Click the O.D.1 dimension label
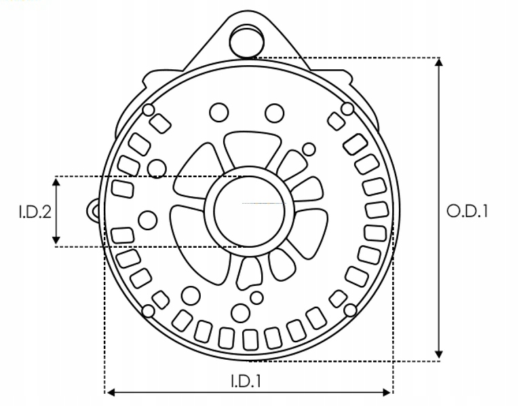pos(467,211)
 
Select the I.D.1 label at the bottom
pos(249,381)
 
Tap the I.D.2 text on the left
pos(35,212)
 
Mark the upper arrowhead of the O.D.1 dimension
pos(439,63)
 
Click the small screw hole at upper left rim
pos(149,110)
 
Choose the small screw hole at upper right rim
pos(347,109)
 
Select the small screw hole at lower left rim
pos(148,311)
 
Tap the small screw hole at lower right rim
pos(350,310)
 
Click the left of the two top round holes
pos(219,111)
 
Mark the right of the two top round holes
pos(273,111)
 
